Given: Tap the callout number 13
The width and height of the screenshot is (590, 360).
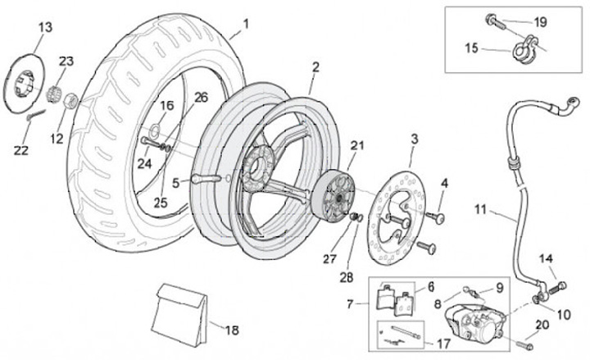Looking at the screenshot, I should click(45, 27).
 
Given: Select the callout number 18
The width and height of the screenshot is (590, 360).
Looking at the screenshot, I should click(232, 330).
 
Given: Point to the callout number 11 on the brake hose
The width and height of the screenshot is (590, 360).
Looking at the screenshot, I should click(481, 210).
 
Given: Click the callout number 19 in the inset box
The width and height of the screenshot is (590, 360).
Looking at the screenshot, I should click(540, 22).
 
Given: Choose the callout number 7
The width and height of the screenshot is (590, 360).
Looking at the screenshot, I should click(351, 304).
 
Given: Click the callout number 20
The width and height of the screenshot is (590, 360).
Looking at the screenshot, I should click(542, 325).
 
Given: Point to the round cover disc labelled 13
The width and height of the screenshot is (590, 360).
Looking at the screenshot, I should click(28, 80).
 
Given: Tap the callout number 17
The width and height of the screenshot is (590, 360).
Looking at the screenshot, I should click(443, 343).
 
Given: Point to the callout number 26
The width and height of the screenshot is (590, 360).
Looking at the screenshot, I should click(201, 97).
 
